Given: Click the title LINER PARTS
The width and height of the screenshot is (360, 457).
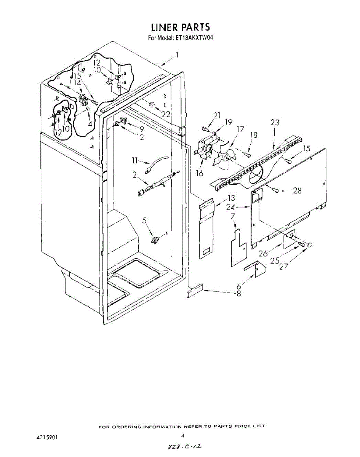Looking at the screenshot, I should [x=180, y=27].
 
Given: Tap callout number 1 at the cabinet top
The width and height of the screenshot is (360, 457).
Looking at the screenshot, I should [x=177, y=55].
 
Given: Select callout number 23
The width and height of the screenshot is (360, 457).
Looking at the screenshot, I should [x=275, y=123].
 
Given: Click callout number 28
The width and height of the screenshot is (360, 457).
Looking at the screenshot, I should [x=297, y=191].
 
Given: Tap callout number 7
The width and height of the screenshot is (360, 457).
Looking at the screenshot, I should [x=233, y=217].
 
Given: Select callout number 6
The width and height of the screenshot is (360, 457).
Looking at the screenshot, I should [x=238, y=286].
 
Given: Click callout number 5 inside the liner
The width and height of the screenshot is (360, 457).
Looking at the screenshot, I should [x=144, y=220].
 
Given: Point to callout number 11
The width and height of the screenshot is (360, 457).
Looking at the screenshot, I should [x=134, y=160].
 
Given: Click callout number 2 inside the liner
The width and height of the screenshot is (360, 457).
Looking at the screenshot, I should [x=134, y=175].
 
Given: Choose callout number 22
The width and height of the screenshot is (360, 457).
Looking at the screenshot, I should [x=166, y=114].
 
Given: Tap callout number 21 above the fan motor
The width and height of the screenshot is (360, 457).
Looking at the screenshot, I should [x=217, y=115].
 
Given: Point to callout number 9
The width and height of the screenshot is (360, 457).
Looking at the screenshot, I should [x=142, y=129].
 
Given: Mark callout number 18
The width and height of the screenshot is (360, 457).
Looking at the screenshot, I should [x=254, y=135].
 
